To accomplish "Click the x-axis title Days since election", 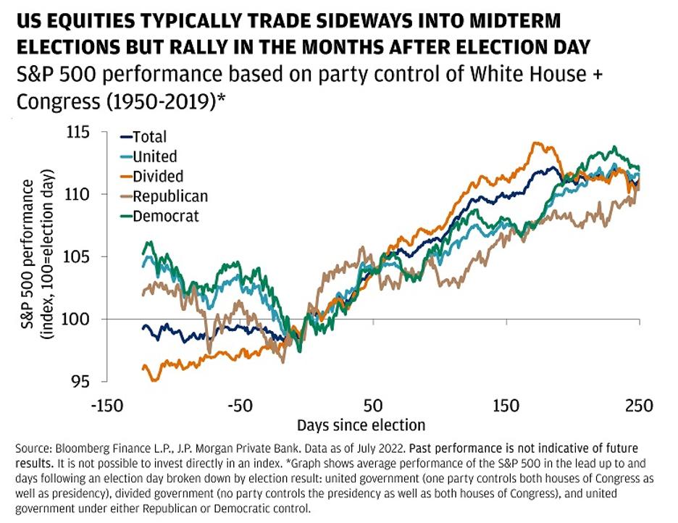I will click(361, 424).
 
